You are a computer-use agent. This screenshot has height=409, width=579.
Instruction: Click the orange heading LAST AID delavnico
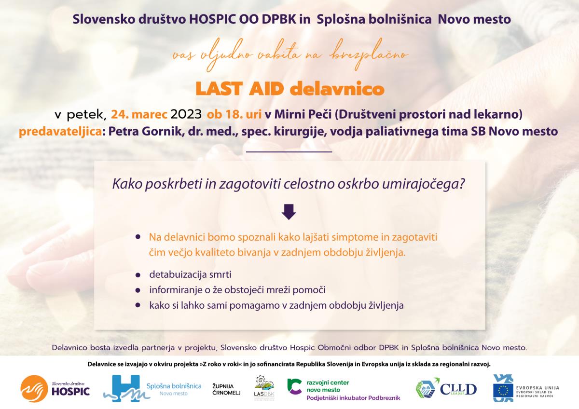click(x=290, y=89)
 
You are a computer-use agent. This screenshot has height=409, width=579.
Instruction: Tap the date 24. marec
click(x=139, y=114)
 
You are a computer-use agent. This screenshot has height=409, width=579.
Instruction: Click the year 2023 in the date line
click(x=186, y=114)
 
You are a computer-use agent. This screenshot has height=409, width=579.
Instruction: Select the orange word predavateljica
click(x=60, y=132)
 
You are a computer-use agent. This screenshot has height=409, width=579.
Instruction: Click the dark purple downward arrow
click(x=289, y=212)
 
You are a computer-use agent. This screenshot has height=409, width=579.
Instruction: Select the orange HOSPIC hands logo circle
click(x=34, y=389)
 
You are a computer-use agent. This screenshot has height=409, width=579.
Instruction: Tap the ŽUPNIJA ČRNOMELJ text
click(x=226, y=389)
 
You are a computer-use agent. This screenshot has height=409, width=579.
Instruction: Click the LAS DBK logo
click(x=264, y=388)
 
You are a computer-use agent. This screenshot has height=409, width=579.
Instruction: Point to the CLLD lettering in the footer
click(x=458, y=389)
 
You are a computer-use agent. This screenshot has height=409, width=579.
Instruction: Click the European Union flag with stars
click(x=503, y=390)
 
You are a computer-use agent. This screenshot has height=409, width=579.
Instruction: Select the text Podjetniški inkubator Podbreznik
click(x=353, y=398)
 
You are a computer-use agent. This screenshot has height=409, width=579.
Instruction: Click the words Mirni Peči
click(x=303, y=114)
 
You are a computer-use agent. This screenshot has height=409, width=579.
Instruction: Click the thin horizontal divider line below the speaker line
click(x=289, y=152)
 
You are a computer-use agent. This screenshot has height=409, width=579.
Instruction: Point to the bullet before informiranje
click(x=138, y=290)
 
